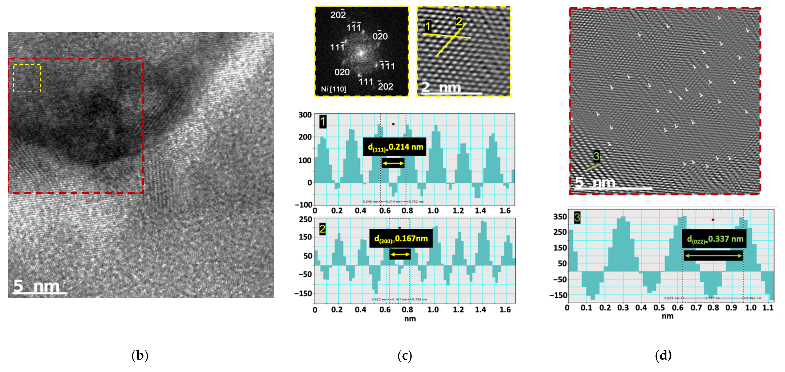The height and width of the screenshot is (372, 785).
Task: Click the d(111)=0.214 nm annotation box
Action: (x=395, y=147)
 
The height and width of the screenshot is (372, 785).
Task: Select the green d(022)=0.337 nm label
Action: (x=714, y=239)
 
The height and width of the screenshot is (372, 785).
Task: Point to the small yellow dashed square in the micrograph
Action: (x=27, y=78)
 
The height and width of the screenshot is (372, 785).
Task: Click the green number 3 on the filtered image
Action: (x=596, y=156)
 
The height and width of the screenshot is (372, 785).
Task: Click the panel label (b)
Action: (x=140, y=355)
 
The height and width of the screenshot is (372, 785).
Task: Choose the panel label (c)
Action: (x=405, y=355)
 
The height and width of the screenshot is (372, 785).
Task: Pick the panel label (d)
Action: (x=663, y=355)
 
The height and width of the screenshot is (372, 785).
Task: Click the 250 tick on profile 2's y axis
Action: (x=305, y=219)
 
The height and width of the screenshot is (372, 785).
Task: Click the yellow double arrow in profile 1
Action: (x=393, y=164)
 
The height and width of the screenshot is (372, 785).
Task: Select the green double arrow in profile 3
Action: (x=713, y=256)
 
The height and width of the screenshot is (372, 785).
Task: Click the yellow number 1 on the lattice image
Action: (x=428, y=27)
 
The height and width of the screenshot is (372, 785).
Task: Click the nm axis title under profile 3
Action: (x=667, y=316)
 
